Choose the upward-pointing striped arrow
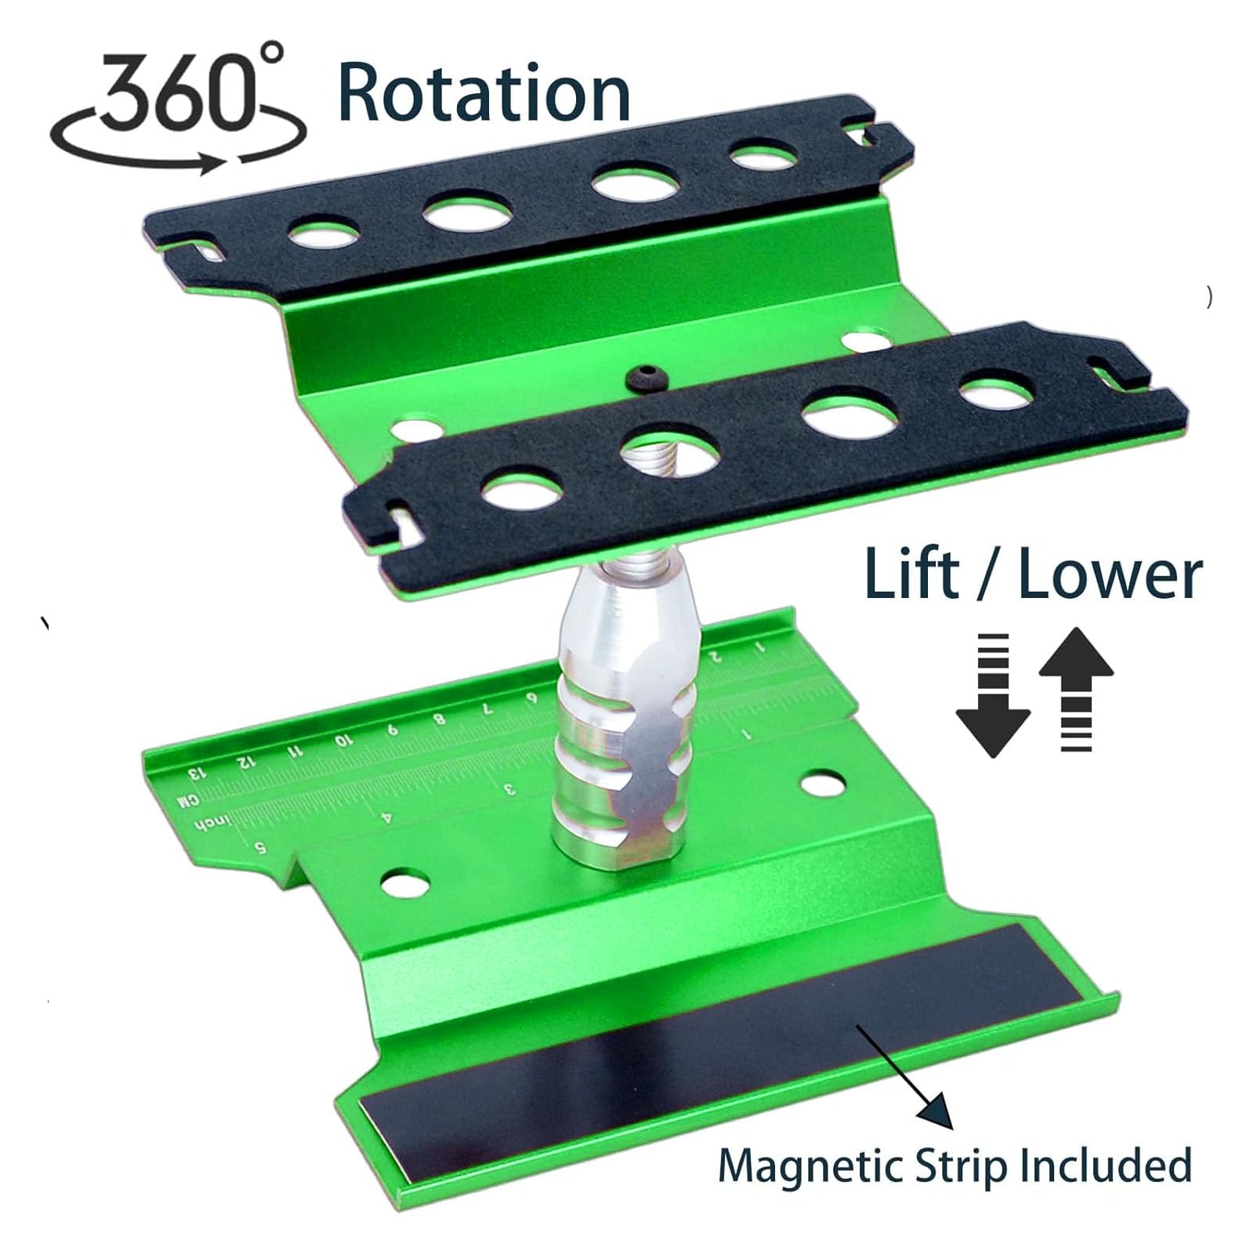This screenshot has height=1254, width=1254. (1076, 689)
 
